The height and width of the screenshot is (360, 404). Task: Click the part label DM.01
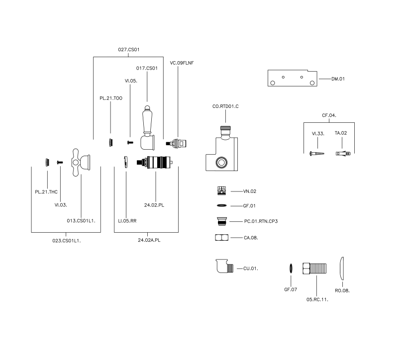coord(338,79)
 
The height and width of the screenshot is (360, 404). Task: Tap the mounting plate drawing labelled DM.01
coord(292,78)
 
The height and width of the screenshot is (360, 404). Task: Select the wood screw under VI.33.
coord(317,154)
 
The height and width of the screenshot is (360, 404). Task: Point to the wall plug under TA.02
coord(343,154)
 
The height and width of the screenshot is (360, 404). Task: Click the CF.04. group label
coord(329,115)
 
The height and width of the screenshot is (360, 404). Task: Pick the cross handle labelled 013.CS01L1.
coord(81,162)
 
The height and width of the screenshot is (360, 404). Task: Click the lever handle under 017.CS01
coord(148,128)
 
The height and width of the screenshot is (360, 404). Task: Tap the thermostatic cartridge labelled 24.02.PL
coord(155,162)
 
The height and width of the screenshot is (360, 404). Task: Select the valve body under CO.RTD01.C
coord(221,148)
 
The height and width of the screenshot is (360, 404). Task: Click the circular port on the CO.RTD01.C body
coord(221,163)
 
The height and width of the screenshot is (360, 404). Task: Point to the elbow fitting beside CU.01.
coord(224,266)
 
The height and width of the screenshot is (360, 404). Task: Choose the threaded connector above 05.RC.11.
coord(314,268)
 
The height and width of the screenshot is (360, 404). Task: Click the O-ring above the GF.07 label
coord(291,269)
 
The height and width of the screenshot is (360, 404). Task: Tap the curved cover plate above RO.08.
coord(342,269)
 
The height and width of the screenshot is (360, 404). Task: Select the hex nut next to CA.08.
coord(221,237)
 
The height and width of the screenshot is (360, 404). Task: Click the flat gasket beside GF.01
coord(221,205)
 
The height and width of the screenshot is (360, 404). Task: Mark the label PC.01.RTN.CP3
coord(261,221)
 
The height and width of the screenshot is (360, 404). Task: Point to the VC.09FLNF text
coord(182,63)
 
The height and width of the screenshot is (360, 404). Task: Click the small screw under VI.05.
coord(130,142)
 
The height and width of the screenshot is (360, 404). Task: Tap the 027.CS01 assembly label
coord(129,49)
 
